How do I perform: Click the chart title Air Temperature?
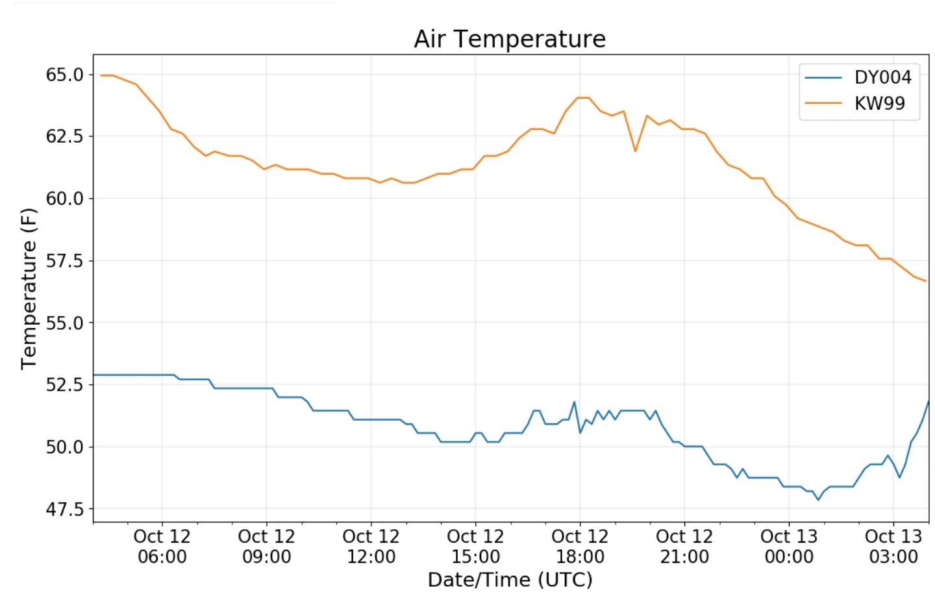pyautogui.click(x=510, y=39)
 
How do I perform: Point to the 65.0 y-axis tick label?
pyautogui.click(x=65, y=75)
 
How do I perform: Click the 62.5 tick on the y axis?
pyautogui.click(x=65, y=136)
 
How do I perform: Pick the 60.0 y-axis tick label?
pyautogui.click(x=65, y=198)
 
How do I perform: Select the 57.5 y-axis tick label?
pyautogui.click(x=65, y=260)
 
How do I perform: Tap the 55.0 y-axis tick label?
pyautogui.click(x=65, y=323)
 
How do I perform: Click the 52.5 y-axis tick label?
pyautogui.click(x=65, y=384)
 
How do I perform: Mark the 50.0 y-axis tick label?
pyautogui.click(x=65, y=447)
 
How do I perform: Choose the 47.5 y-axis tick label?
pyautogui.click(x=65, y=509)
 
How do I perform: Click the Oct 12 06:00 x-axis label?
pyautogui.click(x=162, y=547)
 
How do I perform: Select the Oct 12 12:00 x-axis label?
pyautogui.click(x=371, y=547)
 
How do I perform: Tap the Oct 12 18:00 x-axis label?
pyautogui.click(x=580, y=547)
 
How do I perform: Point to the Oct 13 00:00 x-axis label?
pyautogui.click(x=789, y=547)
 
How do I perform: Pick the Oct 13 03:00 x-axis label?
pyautogui.click(x=893, y=547)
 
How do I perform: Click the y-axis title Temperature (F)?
pyautogui.click(x=29, y=288)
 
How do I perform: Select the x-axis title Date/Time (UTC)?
pyautogui.click(x=510, y=580)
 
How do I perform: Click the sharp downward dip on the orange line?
pyautogui.click(x=635, y=151)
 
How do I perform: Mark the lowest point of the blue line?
pyautogui.click(x=818, y=500)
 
